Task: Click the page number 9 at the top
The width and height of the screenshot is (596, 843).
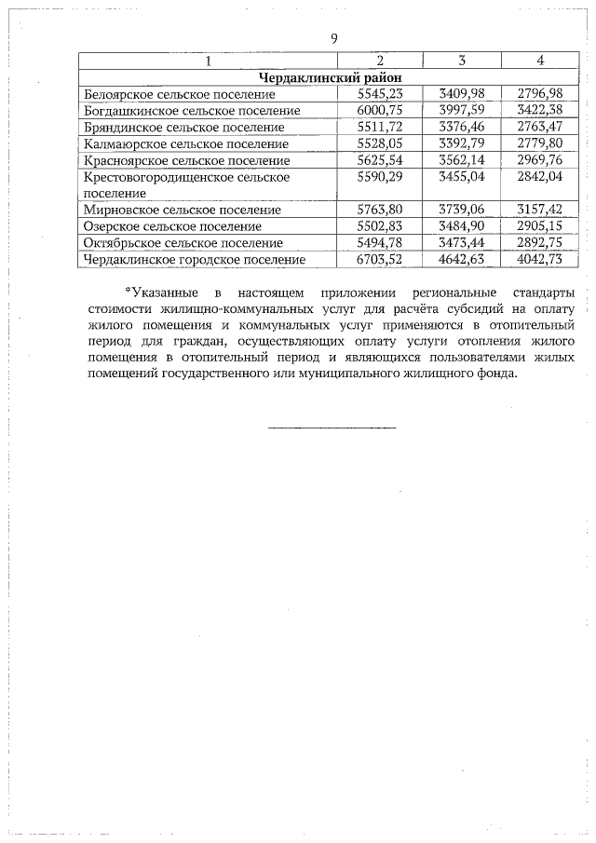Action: [x=332, y=39]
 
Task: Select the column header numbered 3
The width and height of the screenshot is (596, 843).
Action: [x=461, y=61]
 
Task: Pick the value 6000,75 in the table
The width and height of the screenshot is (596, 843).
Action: [x=379, y=111]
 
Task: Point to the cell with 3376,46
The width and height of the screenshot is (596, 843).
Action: [x=461, y=127]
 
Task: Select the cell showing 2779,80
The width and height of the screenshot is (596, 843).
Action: [x=540, y=143]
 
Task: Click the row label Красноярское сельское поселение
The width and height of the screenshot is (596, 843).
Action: [x=186, y=160]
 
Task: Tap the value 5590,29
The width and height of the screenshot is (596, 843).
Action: [x=379, y=176]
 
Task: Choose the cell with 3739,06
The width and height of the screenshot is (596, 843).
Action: [x=461, y=210]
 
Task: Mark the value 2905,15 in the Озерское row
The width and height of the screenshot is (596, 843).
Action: [x=540, y=226]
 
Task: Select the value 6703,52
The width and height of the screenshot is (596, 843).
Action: [x=379, y=260]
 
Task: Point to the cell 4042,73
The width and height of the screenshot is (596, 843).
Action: [x=540, y=260]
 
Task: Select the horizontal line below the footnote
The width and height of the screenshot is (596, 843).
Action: [x=332, y=428]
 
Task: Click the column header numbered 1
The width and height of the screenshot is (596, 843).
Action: [x=208, y=61]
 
